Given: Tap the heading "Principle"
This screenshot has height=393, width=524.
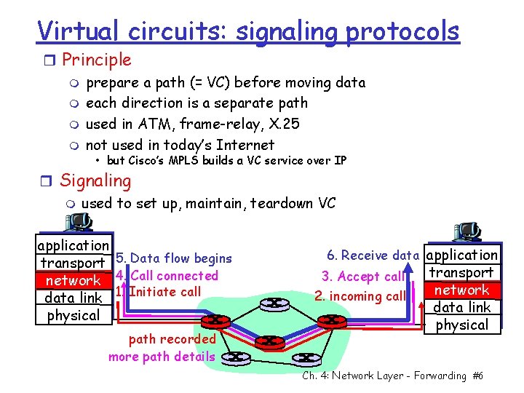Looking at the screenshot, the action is (x=97, y=60).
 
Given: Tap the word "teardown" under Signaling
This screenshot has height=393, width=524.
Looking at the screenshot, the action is (x=282, y=203).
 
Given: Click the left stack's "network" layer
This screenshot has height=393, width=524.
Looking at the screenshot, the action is (x=73, y=280).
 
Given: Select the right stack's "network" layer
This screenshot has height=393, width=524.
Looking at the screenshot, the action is (x=462, y=290).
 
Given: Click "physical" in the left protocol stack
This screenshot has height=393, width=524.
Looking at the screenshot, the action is (x=73, y=315).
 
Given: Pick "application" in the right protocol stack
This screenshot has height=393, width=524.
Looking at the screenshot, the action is (x=462, y=255).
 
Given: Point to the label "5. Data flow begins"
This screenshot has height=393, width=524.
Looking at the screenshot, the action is (x=174, y=258).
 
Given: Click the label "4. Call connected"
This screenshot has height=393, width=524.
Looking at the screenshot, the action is (x=167, y=275).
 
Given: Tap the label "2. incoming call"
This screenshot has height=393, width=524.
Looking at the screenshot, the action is (x=360, y=295).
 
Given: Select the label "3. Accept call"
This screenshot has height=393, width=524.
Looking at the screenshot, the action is (x=363, y=277).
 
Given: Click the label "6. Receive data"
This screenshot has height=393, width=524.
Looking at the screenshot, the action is (x=373, y=255).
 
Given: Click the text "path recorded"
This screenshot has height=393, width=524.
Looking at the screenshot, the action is (x=172, y=338).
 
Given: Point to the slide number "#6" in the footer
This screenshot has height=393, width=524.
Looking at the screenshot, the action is (x=477, y=376).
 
